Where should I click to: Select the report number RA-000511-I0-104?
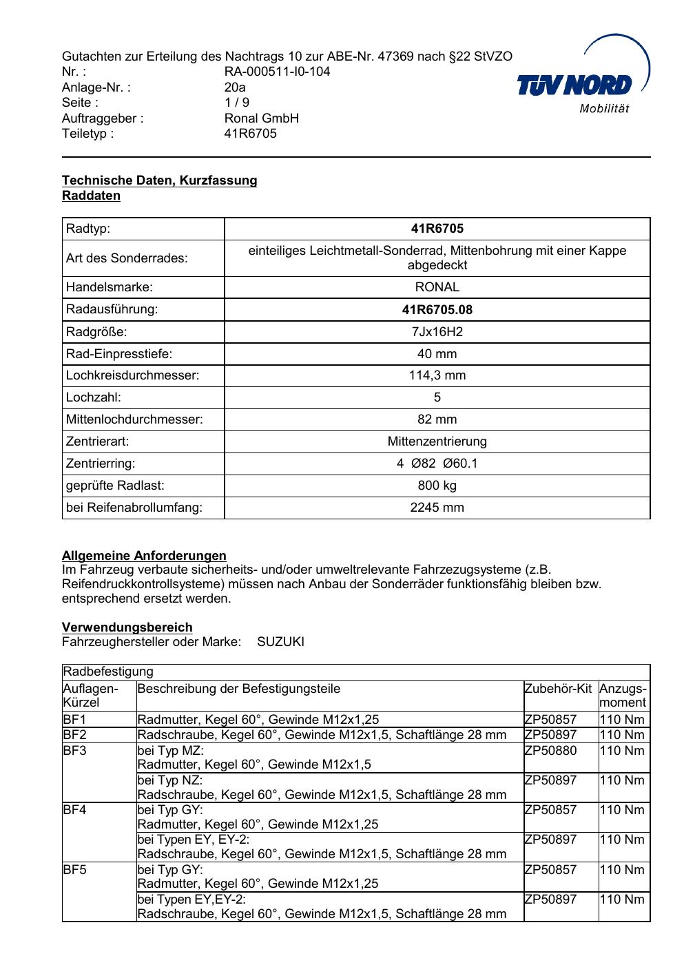tap(277, 72)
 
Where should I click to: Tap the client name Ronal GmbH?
tap(262, 118)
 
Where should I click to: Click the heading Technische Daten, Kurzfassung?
tap(159, 180)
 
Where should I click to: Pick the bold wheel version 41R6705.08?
tap(437, 309)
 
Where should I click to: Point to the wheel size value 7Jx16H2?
tap(437, 332)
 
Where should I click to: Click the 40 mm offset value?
tap(437, 354)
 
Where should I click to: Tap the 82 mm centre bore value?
tap(437, 419)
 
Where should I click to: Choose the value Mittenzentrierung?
tap(437, 441)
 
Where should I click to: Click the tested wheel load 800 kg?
tap(437, 486)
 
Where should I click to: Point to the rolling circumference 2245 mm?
tap(437, 508)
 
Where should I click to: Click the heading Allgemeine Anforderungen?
tap(144, 555)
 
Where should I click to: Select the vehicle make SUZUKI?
tap(280, 642)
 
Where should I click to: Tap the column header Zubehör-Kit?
tap(558, 689)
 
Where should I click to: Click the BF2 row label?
tap(74, 735)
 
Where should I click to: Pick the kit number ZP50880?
tap(550, 751)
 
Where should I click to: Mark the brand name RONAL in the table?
tap(437, 287)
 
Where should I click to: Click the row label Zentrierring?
tap(101, 464)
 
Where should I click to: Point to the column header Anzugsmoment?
tap(623, 696)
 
